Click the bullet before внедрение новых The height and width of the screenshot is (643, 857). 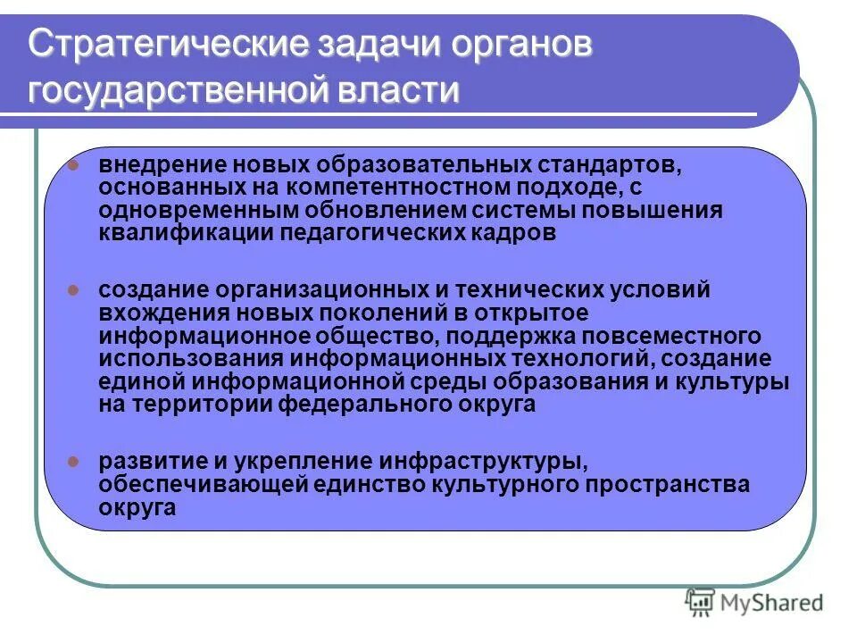pos(76,165)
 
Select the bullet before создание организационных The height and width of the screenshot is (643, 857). pos(76,289)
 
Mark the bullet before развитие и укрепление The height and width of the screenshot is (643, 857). pos(76,462)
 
